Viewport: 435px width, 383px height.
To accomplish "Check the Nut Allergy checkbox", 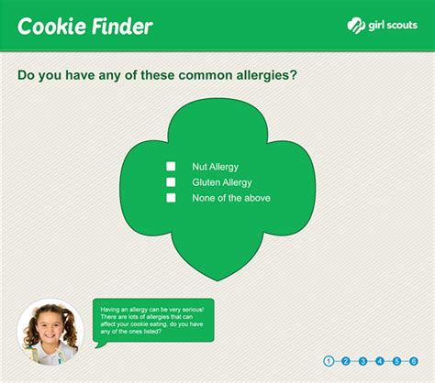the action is click(x=171, y=167).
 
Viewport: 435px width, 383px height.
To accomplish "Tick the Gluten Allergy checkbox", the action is click(x=171, y=182).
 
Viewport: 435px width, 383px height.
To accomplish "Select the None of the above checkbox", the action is click(x=171, y=198).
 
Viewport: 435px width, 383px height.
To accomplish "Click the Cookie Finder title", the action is click(x=85, y=26).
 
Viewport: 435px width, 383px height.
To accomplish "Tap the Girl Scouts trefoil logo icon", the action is click(x=356, y=26).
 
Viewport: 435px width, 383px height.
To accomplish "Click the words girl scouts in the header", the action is click(x=393, y=25).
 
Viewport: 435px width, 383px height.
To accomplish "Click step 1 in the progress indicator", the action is click(x=329, y=361).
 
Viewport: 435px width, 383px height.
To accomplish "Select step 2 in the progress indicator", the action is click(x=346, y=361).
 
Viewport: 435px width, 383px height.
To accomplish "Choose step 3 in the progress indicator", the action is click(x=362, y=361).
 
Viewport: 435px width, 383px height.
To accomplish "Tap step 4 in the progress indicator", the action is click(x=380, y=361).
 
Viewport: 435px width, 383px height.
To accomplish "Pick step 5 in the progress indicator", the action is click(x=396, y=361).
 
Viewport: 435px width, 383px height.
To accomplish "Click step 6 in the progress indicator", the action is click(x=414, y=361).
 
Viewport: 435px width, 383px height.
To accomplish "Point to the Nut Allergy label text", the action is click(x=216, y=167).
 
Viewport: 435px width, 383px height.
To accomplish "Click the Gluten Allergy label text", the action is click(x=222, y=182).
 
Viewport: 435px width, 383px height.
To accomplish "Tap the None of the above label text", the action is click(x=231, y=198).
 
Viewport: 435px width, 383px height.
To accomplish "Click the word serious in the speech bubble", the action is click(x=194, y=310).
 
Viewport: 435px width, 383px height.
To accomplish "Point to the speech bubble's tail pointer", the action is click(x=100, y=345).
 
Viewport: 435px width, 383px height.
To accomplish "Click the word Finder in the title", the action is click(x=122, y=26).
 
